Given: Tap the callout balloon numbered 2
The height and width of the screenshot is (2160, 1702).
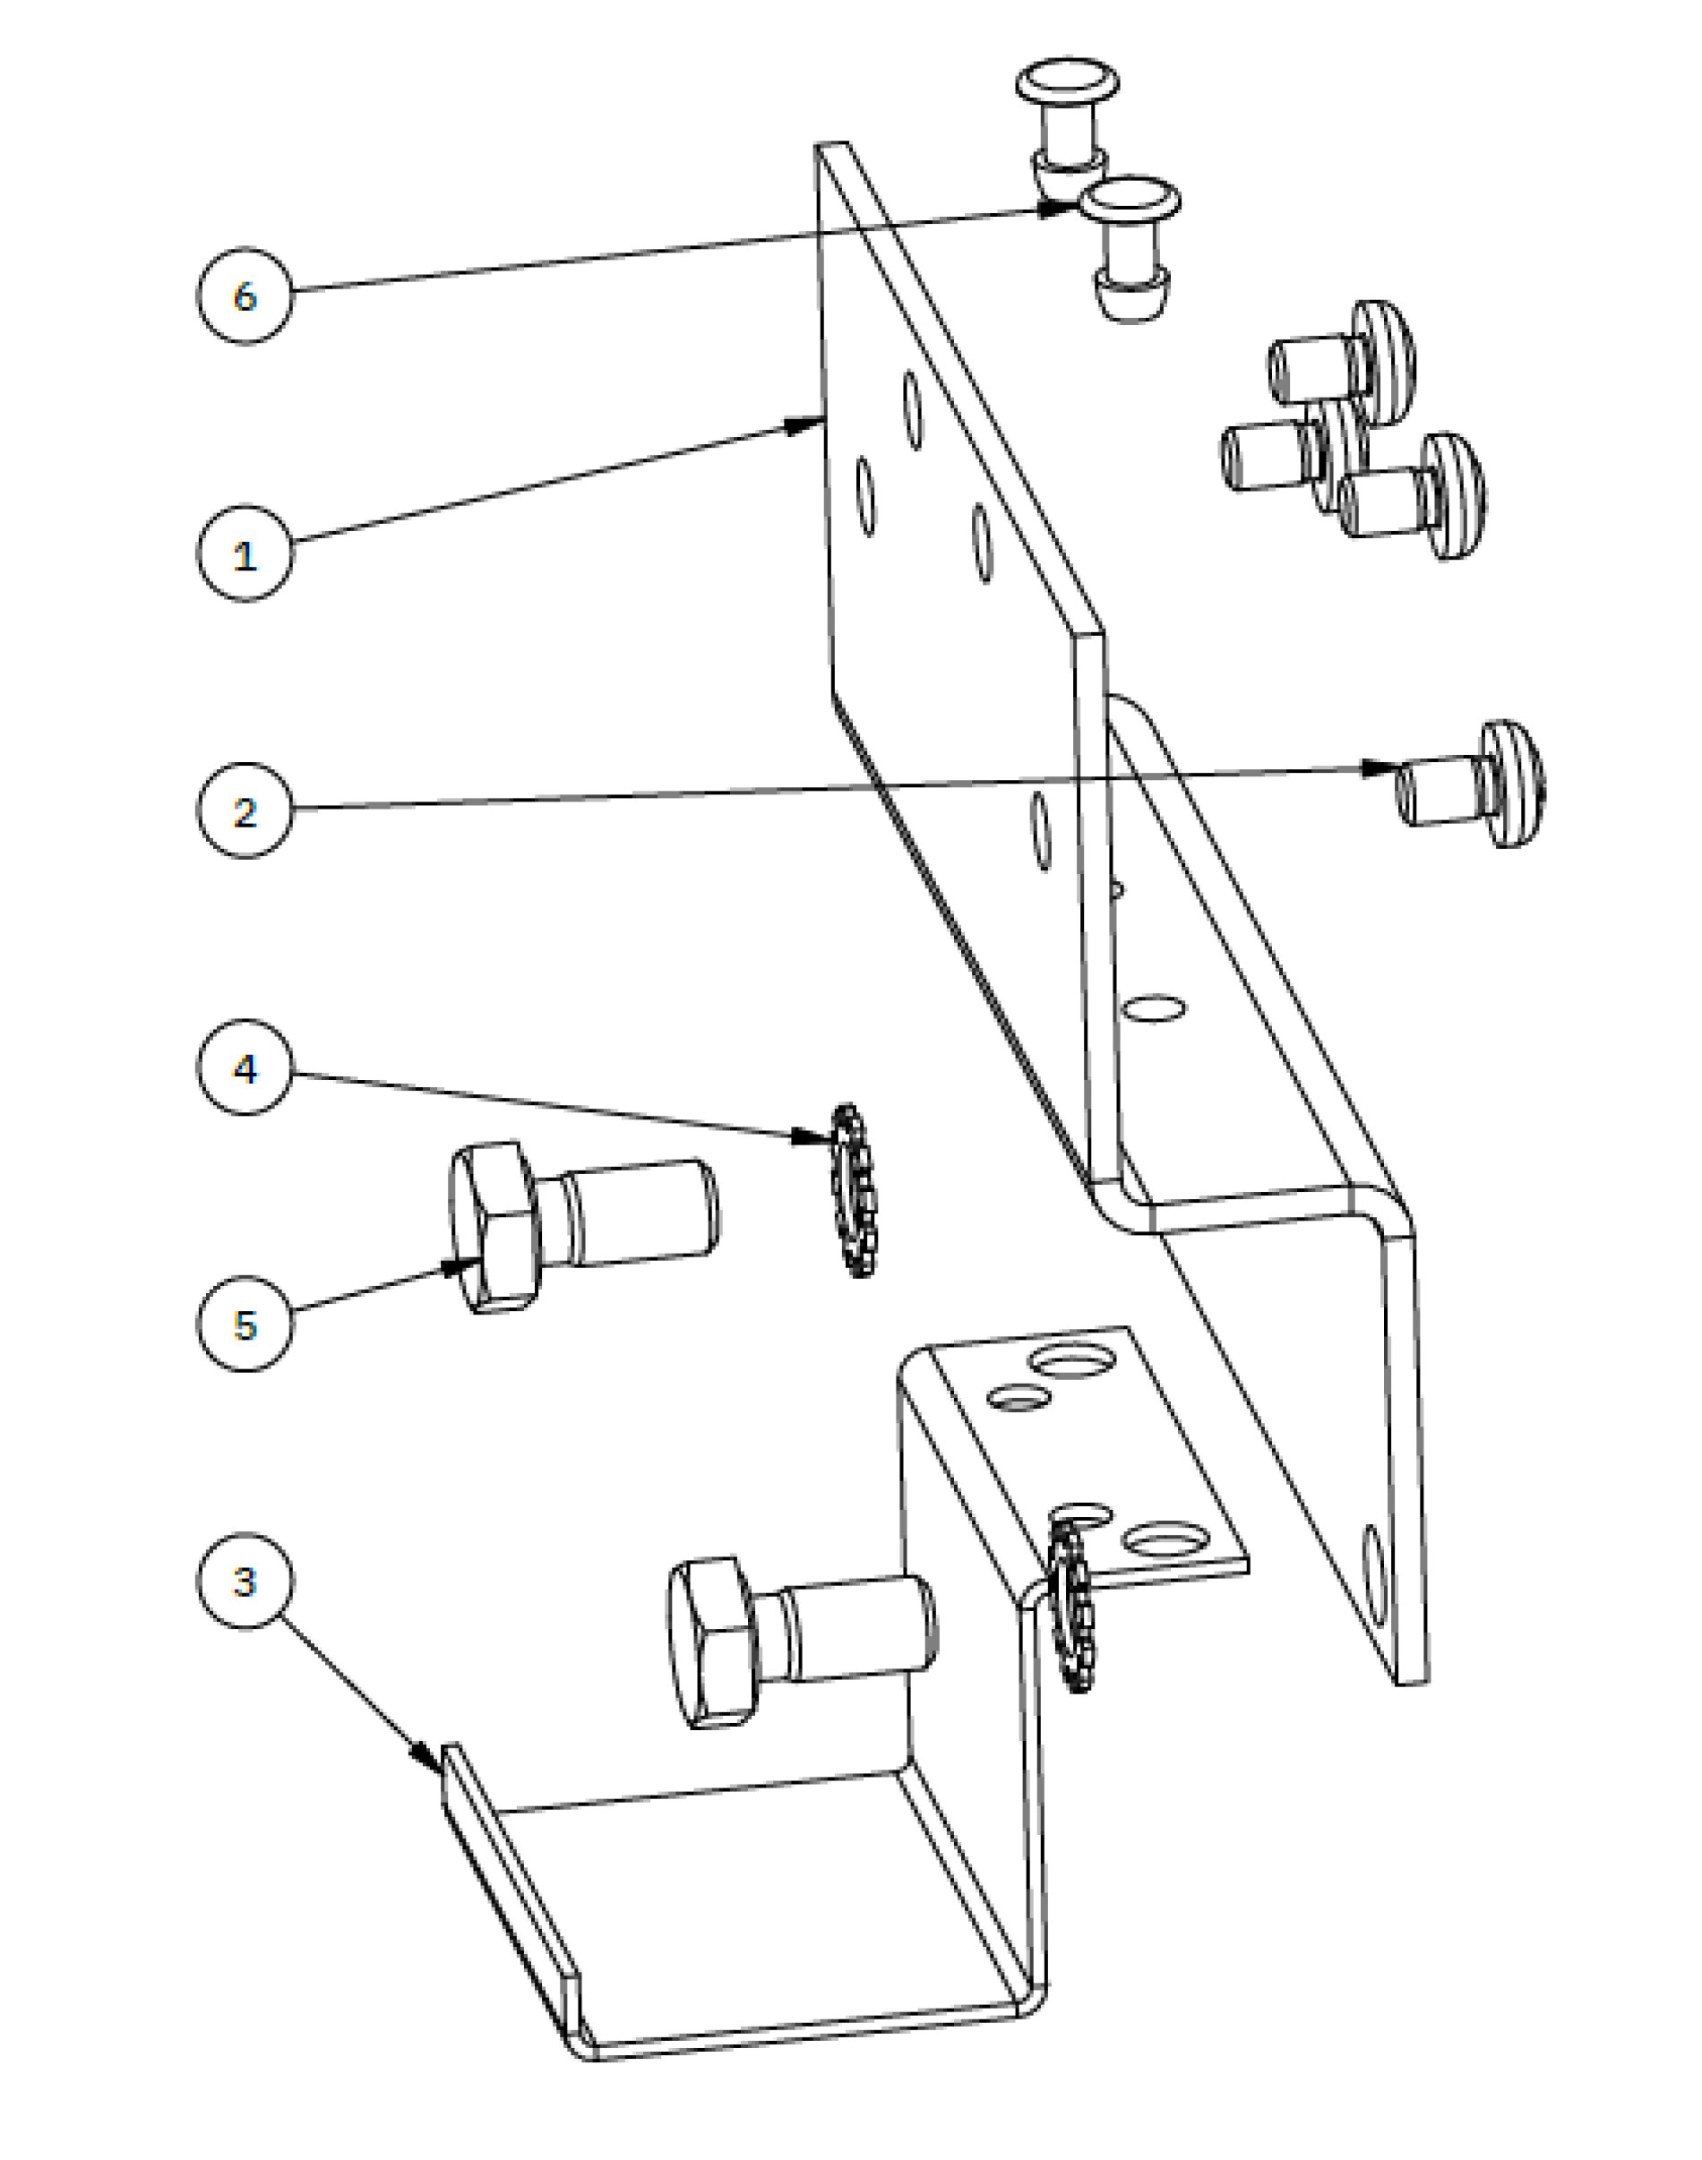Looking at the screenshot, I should pyautogui.click(x=245, y=810).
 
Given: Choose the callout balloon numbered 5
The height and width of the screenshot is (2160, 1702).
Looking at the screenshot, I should pyautogui.click(x=245, y=1324).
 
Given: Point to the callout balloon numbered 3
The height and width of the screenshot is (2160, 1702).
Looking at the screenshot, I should pyautogui.click(x=245, y=1581).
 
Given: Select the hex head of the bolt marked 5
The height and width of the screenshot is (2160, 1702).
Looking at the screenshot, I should pyautogui.click(x=494, y=1228).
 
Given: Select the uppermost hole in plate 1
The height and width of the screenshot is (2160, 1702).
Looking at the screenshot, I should pyautogui.click(x=913, y=411).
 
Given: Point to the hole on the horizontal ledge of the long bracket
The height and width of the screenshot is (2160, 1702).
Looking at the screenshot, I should pyautogui.click(x=1154, y=1007).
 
